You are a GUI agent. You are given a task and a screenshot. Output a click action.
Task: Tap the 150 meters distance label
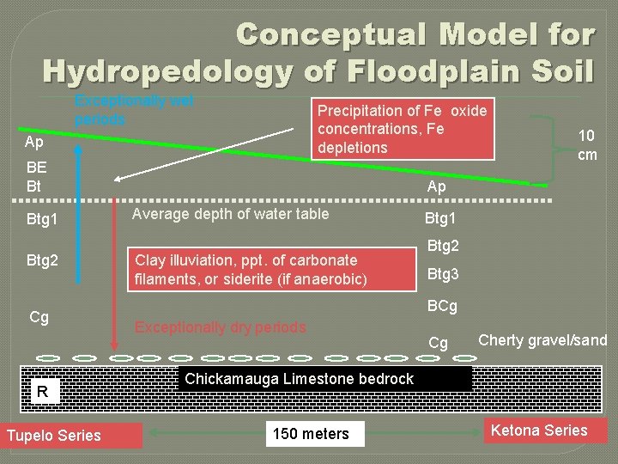click(x=311, y=434)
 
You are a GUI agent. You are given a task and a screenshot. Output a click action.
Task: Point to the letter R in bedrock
click(x=41, y=393)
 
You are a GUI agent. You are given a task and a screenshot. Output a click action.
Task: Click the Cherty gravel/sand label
click(x=542, y=340)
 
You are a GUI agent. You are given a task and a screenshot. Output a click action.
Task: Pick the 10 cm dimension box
click(x=587, y=144)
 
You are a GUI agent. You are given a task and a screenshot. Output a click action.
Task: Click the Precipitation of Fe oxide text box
click(x=403, y=129)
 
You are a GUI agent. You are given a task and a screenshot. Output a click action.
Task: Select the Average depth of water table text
click(x=230, y=214)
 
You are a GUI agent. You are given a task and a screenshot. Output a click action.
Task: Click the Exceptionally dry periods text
click(x=220, y=327)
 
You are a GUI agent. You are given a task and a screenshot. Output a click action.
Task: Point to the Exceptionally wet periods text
click(x=134, y=109)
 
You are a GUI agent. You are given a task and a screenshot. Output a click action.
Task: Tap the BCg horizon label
click(x=442, y=306)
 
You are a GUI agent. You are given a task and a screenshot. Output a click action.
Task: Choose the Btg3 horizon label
click(x=443, y=275)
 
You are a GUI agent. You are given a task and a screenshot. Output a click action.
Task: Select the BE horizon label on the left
click(x=37, y=168)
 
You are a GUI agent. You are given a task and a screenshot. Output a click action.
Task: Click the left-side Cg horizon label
click(x=39, y=317)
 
